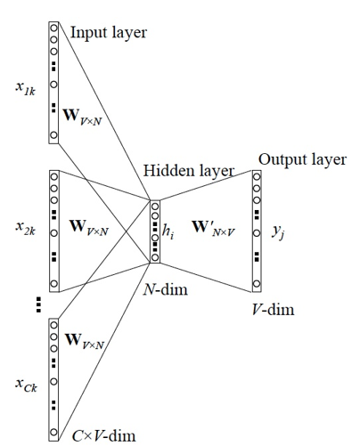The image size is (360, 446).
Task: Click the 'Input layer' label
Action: pos(109,33)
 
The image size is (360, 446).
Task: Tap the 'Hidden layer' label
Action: pos(189,171)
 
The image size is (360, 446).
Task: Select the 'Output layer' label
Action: pos(302,159)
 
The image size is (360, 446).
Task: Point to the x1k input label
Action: pos(26,88)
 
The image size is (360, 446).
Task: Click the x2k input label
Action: pos(26,228)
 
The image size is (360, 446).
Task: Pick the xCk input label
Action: pos(26,385)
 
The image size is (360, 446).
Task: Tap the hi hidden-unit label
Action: pos(168,231)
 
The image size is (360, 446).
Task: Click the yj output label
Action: pos(278,231)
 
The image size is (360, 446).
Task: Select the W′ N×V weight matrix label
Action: pos(213,229)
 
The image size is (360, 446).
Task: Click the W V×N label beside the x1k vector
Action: pos(83,117)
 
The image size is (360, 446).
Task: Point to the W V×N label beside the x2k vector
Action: pos(89,228)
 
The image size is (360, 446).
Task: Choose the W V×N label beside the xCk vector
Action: pos(85,341)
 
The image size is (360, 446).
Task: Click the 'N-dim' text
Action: pos(166,289)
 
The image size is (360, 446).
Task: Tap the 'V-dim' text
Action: pos(273,310)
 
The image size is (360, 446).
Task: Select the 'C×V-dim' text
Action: pos(103,436)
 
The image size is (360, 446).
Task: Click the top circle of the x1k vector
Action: pos(53,28)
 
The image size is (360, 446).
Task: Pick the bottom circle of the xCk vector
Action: pos(53,432)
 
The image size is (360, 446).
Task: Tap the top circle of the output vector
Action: pos(257,177)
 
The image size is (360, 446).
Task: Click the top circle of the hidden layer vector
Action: pos(155,207)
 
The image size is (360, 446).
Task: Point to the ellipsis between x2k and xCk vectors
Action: pos(38,304)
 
